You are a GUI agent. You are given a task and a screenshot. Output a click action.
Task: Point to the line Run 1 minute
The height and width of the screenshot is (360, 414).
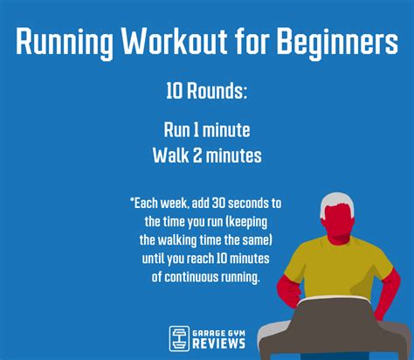[x=207, y=130]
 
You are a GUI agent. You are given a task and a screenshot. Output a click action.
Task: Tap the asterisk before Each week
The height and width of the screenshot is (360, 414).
[x=132, y=202]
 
